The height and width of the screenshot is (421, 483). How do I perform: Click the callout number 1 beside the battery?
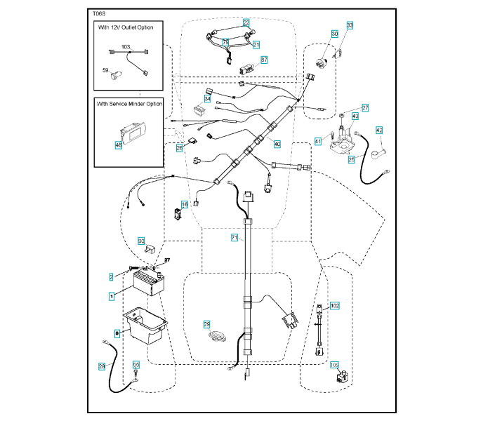[x=111, y=297]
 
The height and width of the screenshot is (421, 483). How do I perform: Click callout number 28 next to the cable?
[x=102, y=366]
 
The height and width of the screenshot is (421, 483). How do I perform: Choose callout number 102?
[x=335, y=306]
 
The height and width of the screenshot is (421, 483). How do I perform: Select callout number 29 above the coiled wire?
[x=207, y=324]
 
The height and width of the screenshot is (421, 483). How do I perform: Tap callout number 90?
[x=140, y=240]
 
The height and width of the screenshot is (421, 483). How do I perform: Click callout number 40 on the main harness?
[x=277, y=145]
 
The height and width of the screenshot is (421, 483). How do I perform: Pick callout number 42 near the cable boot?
[x=379, y=130]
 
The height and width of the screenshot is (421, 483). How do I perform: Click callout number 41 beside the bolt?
[x=318, y=142]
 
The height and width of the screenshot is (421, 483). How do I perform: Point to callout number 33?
[x=350, y=25]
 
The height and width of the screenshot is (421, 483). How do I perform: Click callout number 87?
[x=264, y=60]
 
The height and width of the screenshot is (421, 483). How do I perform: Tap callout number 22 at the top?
[x=246, y=22]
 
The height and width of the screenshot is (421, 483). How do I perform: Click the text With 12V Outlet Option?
[x=129, y=27]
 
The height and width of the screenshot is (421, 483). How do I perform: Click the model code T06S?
[x=98, y=13]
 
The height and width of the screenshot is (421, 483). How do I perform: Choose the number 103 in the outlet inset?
[x=126, y=47]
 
